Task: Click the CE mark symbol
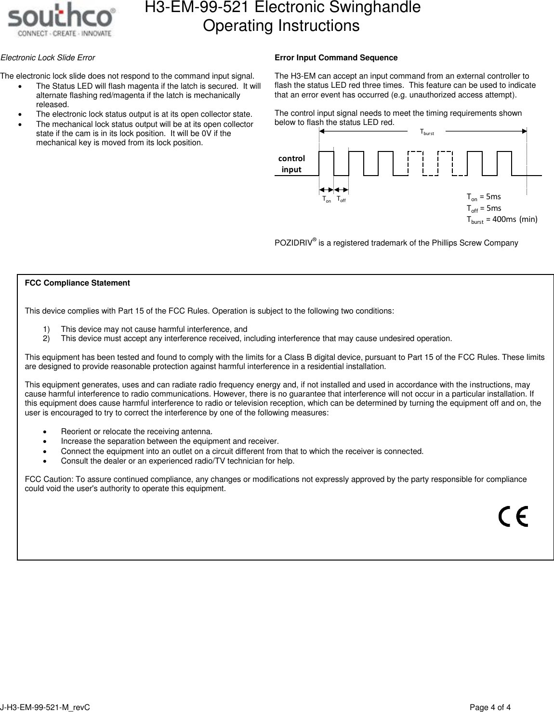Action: [x=514, y=517]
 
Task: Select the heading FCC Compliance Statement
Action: [x=77, y=283]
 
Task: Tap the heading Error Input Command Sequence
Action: [x=336, y=58]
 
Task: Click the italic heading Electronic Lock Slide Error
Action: [x=48, y=58]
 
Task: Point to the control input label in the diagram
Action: [x=291, y=164]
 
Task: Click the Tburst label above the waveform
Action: [x=427, y=132]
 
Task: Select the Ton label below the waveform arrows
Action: [x=327, y=199]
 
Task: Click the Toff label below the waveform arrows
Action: [x=341, y=199]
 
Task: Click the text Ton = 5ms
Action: [x=484, y=197]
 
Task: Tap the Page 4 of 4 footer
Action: [x=490, y=708]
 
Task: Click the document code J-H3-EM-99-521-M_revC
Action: [x=45, y=708]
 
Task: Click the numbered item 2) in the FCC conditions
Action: [x=46, y=339]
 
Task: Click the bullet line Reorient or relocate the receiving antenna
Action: [x=136, y=431]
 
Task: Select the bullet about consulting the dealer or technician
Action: [x=177, y=461]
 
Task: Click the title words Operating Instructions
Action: [x=281, y=26]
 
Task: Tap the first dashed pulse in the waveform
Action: [x=415, y=163]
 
